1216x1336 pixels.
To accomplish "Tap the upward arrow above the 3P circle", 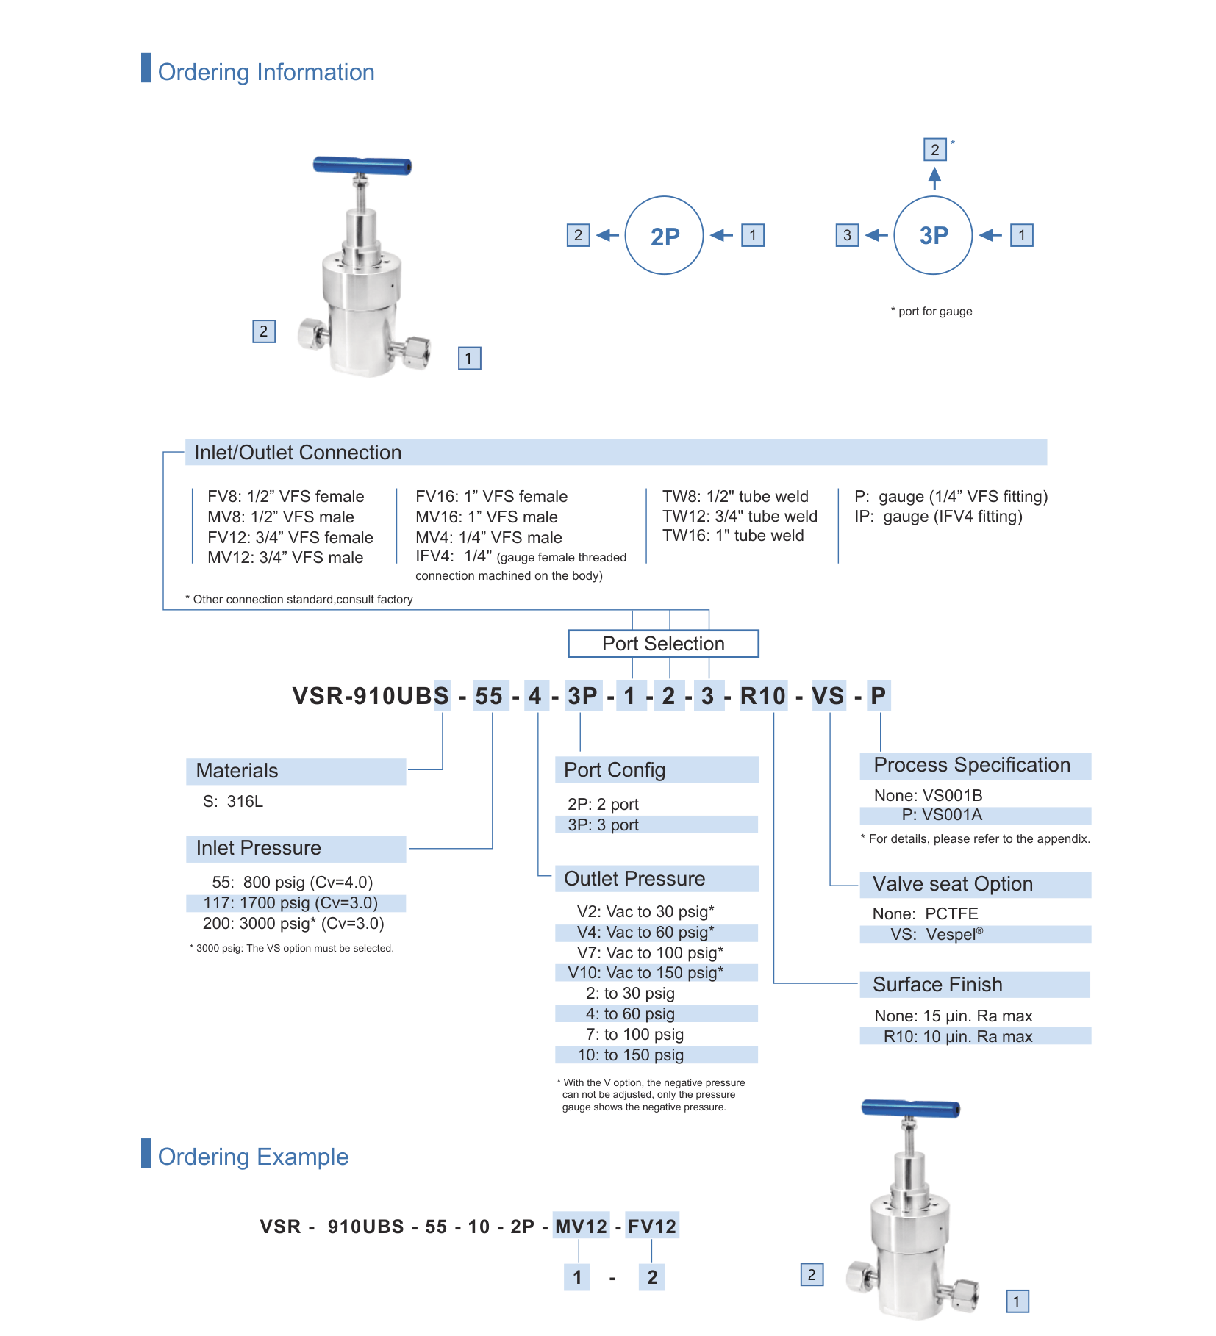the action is [934, 179].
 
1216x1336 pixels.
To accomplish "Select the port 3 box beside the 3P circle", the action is [847, 235].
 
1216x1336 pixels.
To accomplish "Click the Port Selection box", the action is [663, 644].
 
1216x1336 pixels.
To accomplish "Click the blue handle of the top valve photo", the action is [362, 166].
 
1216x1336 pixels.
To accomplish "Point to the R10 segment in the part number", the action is [763, 696].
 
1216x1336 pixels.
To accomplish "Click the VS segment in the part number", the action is [828, 696].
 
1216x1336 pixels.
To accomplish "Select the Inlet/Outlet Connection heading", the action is [298, 453].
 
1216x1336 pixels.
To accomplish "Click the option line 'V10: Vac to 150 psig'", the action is [645, 973].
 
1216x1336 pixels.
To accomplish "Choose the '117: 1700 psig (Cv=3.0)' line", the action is [290, 903].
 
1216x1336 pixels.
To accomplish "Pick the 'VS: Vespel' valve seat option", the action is [937, 935].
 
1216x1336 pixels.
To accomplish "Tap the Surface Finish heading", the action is [937, 985].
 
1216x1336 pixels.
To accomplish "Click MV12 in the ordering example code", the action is [581, 1227].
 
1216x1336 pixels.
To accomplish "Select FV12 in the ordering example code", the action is [651, 1227].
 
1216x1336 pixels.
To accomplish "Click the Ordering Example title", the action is [253, 1157].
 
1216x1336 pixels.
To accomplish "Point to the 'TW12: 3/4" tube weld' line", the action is [740, 517].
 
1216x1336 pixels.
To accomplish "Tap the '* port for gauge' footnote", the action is [931, 312].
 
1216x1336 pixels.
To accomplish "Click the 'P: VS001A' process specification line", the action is [942, 815].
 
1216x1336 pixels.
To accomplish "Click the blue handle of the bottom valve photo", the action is [910, 1108].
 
